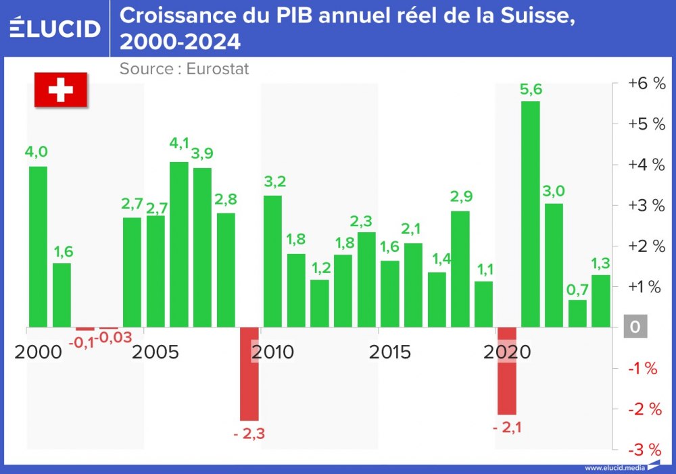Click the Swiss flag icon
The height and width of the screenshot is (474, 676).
pos(61,89)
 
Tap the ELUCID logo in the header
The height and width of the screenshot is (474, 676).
pos(55,28)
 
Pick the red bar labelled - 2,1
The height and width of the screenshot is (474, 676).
pos(507,371)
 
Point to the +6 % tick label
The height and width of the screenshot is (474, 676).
pos(646,83)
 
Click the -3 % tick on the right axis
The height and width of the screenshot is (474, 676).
pos(645,450)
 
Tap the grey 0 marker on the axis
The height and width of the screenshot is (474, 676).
pos(635,327)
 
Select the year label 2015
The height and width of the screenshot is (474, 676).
pos(390,352)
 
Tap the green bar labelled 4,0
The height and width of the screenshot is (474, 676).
pos(38,246)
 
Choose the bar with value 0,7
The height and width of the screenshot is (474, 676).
pos(577,313)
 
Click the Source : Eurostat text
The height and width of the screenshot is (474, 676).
pos(185,68)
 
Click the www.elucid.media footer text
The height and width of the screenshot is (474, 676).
pos(614,467)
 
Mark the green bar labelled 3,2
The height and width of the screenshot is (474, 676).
pos(272,261)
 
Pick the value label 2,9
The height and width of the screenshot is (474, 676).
pos(461,196)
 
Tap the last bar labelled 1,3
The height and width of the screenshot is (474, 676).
pos(601,300)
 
